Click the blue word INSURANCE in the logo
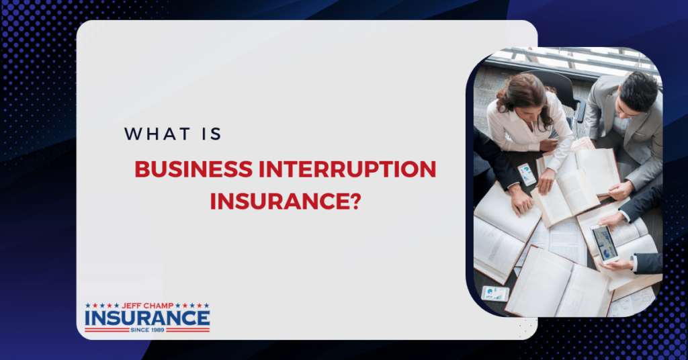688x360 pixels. point(147,318)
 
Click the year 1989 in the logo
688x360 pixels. point(158,329)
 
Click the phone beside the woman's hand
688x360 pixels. point(527,174)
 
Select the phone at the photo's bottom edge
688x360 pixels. point(495,294)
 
